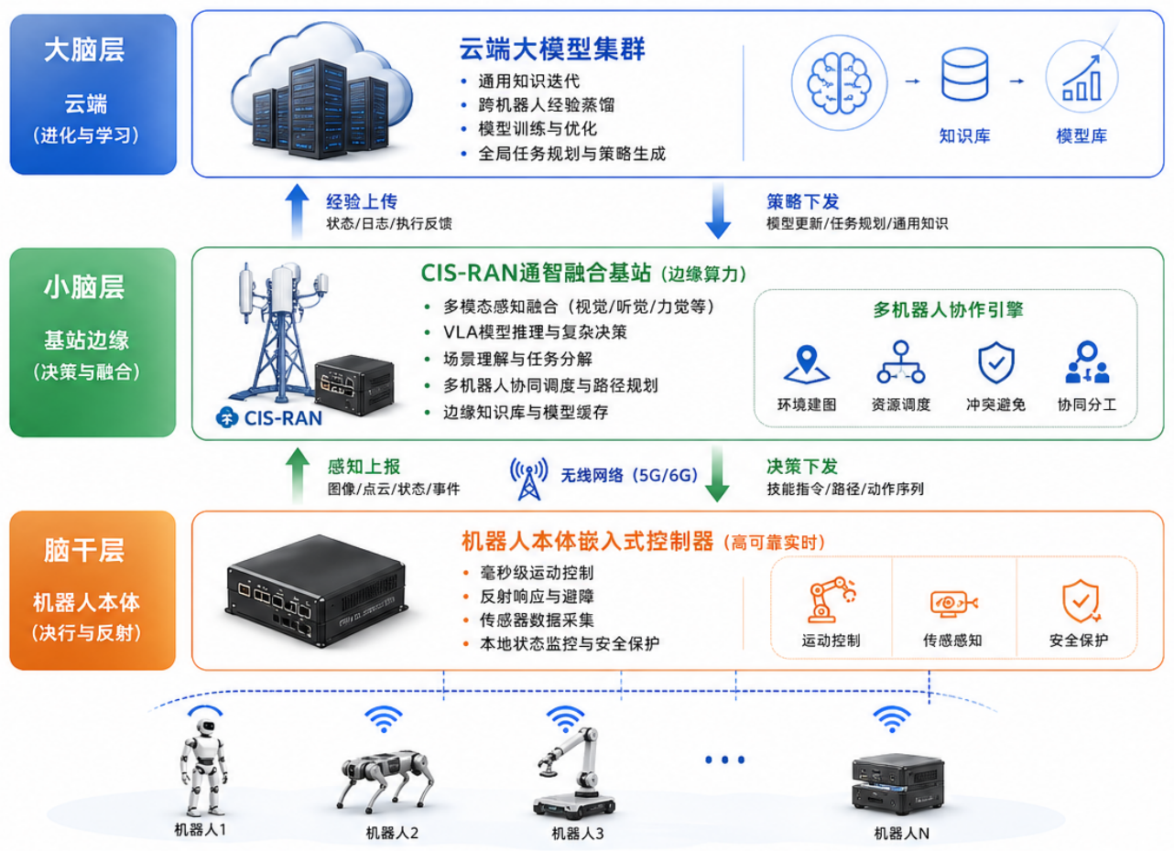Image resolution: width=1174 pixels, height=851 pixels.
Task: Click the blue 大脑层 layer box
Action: pos(92,93)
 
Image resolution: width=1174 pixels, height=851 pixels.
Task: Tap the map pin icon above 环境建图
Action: pos(806,364)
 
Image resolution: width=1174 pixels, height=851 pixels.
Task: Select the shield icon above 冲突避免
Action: pos(995,363)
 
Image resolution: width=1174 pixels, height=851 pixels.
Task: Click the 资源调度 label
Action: pos(901,404)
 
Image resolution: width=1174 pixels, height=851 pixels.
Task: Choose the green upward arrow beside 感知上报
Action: pos(296,474)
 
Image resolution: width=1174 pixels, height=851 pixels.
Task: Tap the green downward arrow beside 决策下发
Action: pos(717,474)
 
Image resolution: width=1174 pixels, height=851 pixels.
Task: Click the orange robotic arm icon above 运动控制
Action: pos(831,599)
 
